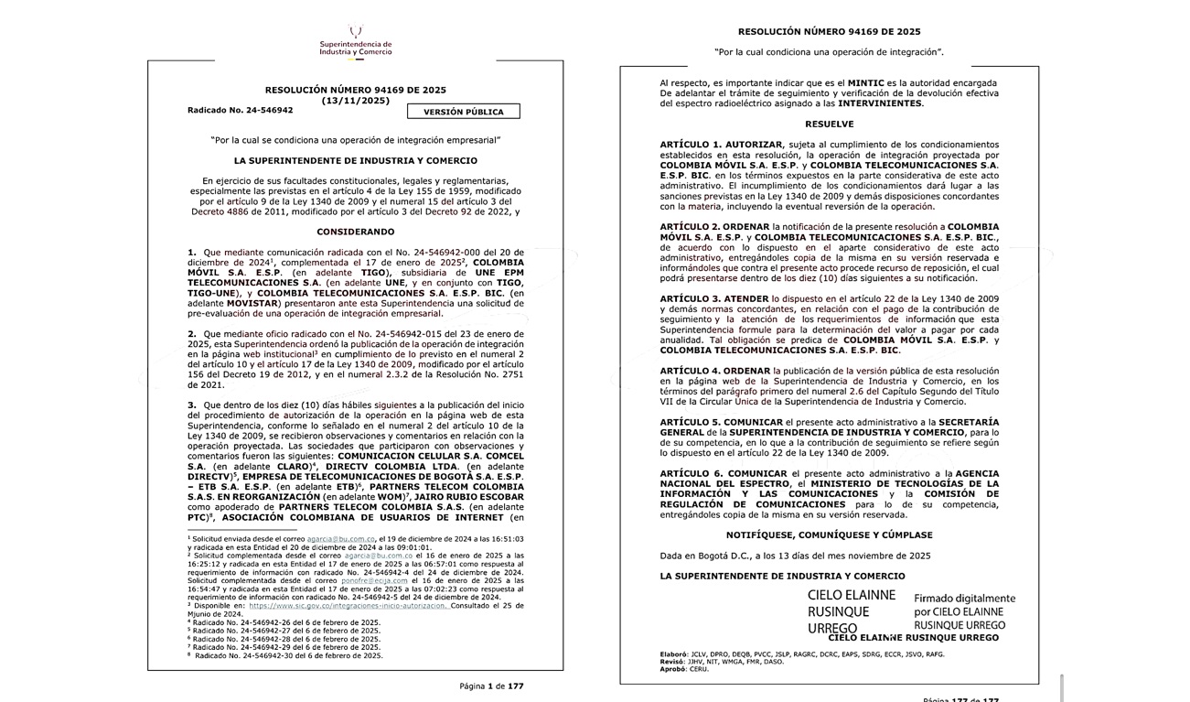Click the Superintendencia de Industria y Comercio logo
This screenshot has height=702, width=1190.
pyautogui.click(x=355, y=41)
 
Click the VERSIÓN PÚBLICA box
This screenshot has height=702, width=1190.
pyautogui.click(x=464, y=112)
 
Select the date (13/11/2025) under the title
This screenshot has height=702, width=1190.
pyautogui.click(x=355, y=101)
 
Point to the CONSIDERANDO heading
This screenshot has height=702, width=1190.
pyautogui.click(x=355, y=232)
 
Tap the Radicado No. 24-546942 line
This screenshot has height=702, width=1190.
pyautogui.click(x=240, y=110)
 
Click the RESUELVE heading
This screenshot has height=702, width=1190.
pyautogui.click(x=830, y=124)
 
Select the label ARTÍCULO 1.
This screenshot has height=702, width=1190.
pyautogui.click(x=691, y=145)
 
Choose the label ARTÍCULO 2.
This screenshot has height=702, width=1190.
pyautogui.click(x=691, y=226)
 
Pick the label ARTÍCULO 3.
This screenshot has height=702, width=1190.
pyautogui.click(x=691, y=298)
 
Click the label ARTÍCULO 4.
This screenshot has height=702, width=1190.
pyautogui.click(x=691, y=371)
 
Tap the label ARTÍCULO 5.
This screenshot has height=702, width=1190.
pyautogui.click(x=691, y=422)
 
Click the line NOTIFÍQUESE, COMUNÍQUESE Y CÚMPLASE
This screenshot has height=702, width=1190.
pyautogui.click(x=830, y=535)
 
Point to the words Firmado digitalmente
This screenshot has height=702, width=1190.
pyautogui.click(x=965, y=598)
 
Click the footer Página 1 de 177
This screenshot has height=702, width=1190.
pyautogui.click(x=492, y=686)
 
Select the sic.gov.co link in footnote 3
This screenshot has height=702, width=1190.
pyautogui.click(x=348, y=606)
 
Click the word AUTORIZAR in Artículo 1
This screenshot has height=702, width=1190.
pyautogui.click(x=754, y=145)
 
